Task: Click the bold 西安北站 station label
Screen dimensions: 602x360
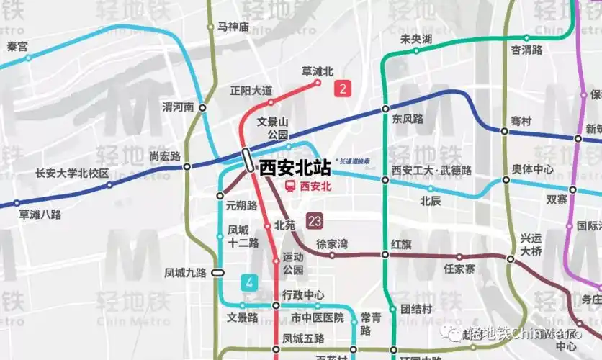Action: tap(295, 168)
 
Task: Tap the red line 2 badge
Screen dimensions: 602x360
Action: tap(343, 89)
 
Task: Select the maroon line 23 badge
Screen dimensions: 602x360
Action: tap(313, 221)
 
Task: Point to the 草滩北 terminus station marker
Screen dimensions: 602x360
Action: tap(318, 83)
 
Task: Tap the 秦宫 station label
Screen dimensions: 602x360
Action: tap(17, 46)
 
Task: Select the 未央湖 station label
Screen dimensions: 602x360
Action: tap(416, 39)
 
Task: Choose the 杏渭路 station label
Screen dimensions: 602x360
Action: tap(526, 50)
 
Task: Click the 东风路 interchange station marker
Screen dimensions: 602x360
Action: tap(385, 109)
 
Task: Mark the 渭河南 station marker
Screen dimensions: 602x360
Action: tap(202, 107)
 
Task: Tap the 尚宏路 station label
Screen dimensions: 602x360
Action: tap(164, 156)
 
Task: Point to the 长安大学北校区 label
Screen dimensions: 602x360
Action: tap(72, 174)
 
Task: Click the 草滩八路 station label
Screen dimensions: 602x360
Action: tap(40, 214)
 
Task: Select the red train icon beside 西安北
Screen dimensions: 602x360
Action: tap(289, 186)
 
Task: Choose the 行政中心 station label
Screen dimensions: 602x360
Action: tap(303, 294)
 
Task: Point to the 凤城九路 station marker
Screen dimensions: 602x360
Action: tap(217, 273)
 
